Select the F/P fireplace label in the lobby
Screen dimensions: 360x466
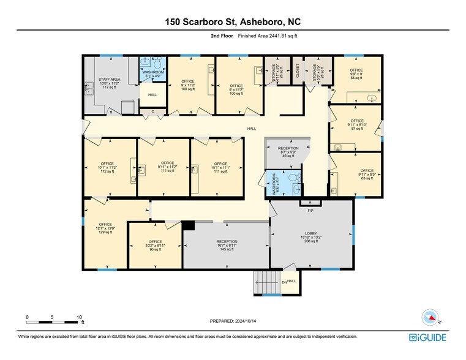pos(310,211)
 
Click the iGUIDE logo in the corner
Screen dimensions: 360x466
pos(429,337)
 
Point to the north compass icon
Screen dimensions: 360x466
pos(430,317)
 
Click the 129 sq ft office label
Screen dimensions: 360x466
pos(105,228)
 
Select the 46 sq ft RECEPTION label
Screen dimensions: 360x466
pos(288,152)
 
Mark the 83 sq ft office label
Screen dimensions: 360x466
pos(367,174)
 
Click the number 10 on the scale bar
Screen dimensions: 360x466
pos(79,317)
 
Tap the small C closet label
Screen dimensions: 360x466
pos(152,111)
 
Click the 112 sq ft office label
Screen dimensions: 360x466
pos(107,168)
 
